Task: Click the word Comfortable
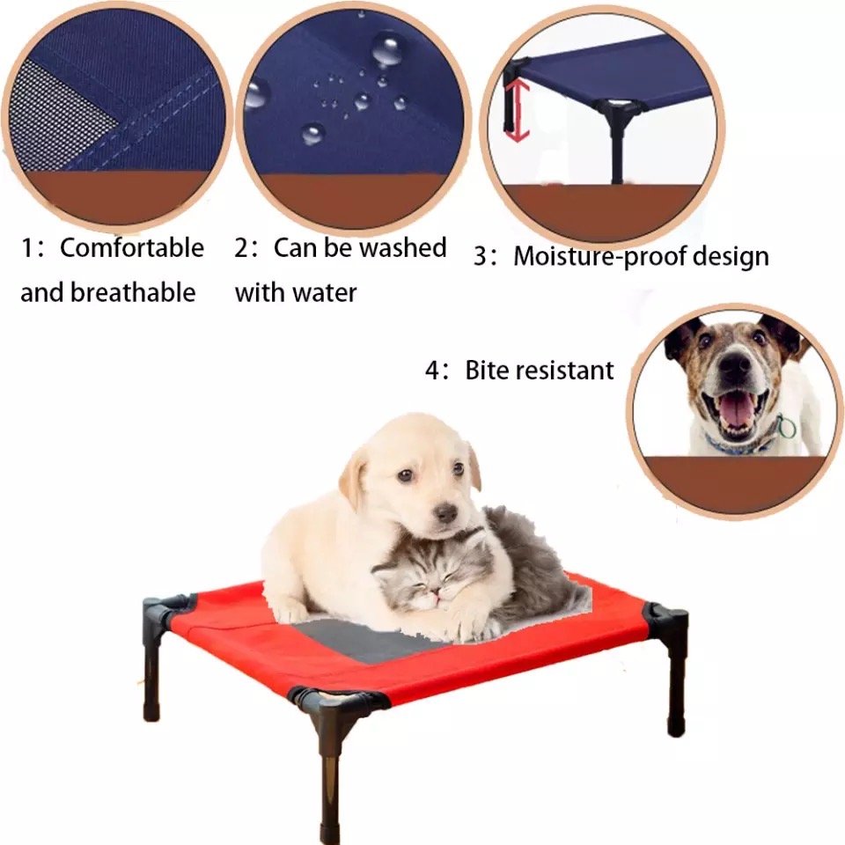click(131, 248)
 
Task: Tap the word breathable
click(133, 292)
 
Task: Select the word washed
click(402, 248)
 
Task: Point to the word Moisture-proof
click(599, 256)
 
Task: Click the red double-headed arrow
click(518, 111)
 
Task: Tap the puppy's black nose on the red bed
click(446, 512)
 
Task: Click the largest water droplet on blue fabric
click(387, 49)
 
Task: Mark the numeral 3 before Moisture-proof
click(481, 257)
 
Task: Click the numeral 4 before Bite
click(432, 371)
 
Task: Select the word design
click(731, 256)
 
